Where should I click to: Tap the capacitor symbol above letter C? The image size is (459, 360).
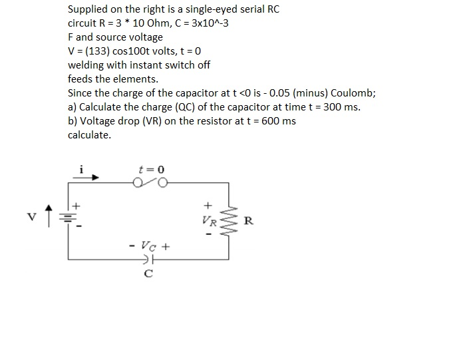click(148, 259)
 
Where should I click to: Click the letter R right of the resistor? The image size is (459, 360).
click(248, 221)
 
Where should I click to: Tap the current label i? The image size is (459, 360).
click(81, 169)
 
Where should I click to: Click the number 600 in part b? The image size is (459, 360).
click(269, 121)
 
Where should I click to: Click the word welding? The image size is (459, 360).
click(87, 65)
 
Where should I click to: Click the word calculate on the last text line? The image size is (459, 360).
click(89, 135)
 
